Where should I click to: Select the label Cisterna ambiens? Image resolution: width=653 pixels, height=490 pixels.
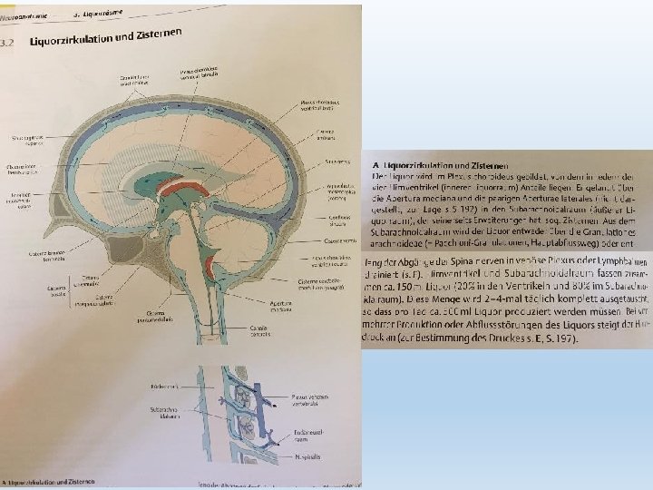click(x=326, y=133)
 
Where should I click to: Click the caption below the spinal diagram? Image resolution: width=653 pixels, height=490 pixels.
click(x=54, y=482)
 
